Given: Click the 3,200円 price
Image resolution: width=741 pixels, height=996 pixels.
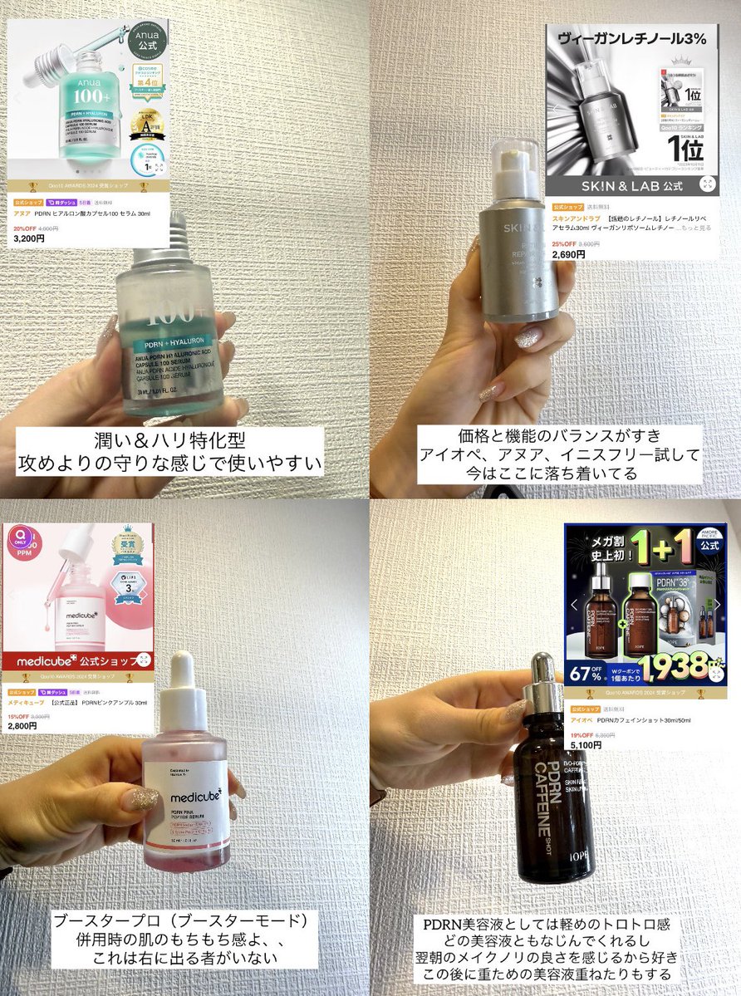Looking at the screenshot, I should (x=29, y=238).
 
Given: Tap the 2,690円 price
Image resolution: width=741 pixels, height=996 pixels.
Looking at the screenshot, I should (x=568, y=254).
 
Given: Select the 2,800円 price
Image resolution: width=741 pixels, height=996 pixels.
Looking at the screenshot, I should (x=22, y=726).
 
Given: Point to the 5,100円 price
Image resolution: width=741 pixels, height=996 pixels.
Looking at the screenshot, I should (x=586, y=745).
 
